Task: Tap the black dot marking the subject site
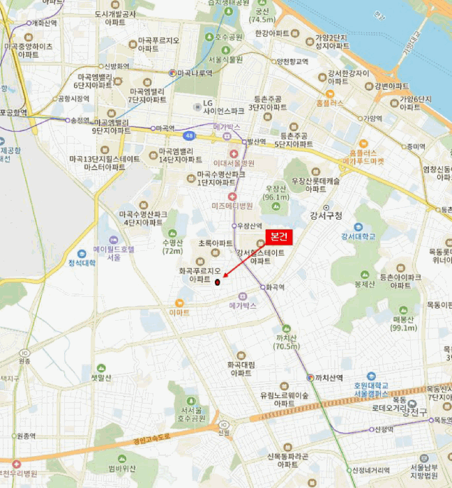click(x=217, y=282)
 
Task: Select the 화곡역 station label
click(x=276, y=286)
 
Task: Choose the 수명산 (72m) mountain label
click(x=172, y=247)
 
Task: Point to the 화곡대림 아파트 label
click(x=241, y=368)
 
